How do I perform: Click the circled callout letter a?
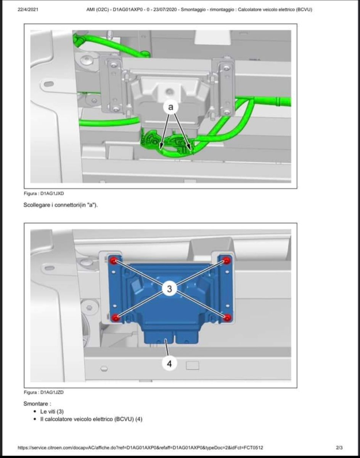(170, 107)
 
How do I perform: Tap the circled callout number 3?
(169, 289)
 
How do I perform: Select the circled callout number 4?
(169, 364)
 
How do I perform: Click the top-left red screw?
(114, 261)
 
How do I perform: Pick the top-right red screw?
(227, 261)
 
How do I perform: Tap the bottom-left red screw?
(115, 318)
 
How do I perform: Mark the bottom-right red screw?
(227, 318)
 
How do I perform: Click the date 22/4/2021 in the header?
(28, 10)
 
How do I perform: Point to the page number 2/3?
(339, 448)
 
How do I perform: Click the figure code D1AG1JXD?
(52, 194)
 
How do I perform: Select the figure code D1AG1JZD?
(52, 392)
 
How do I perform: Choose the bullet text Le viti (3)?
(52, 411)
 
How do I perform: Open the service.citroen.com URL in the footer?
(140, 448)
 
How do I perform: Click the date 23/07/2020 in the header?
(165, 10)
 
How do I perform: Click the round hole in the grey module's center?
(169, 92)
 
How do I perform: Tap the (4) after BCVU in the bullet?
(139, 419)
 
